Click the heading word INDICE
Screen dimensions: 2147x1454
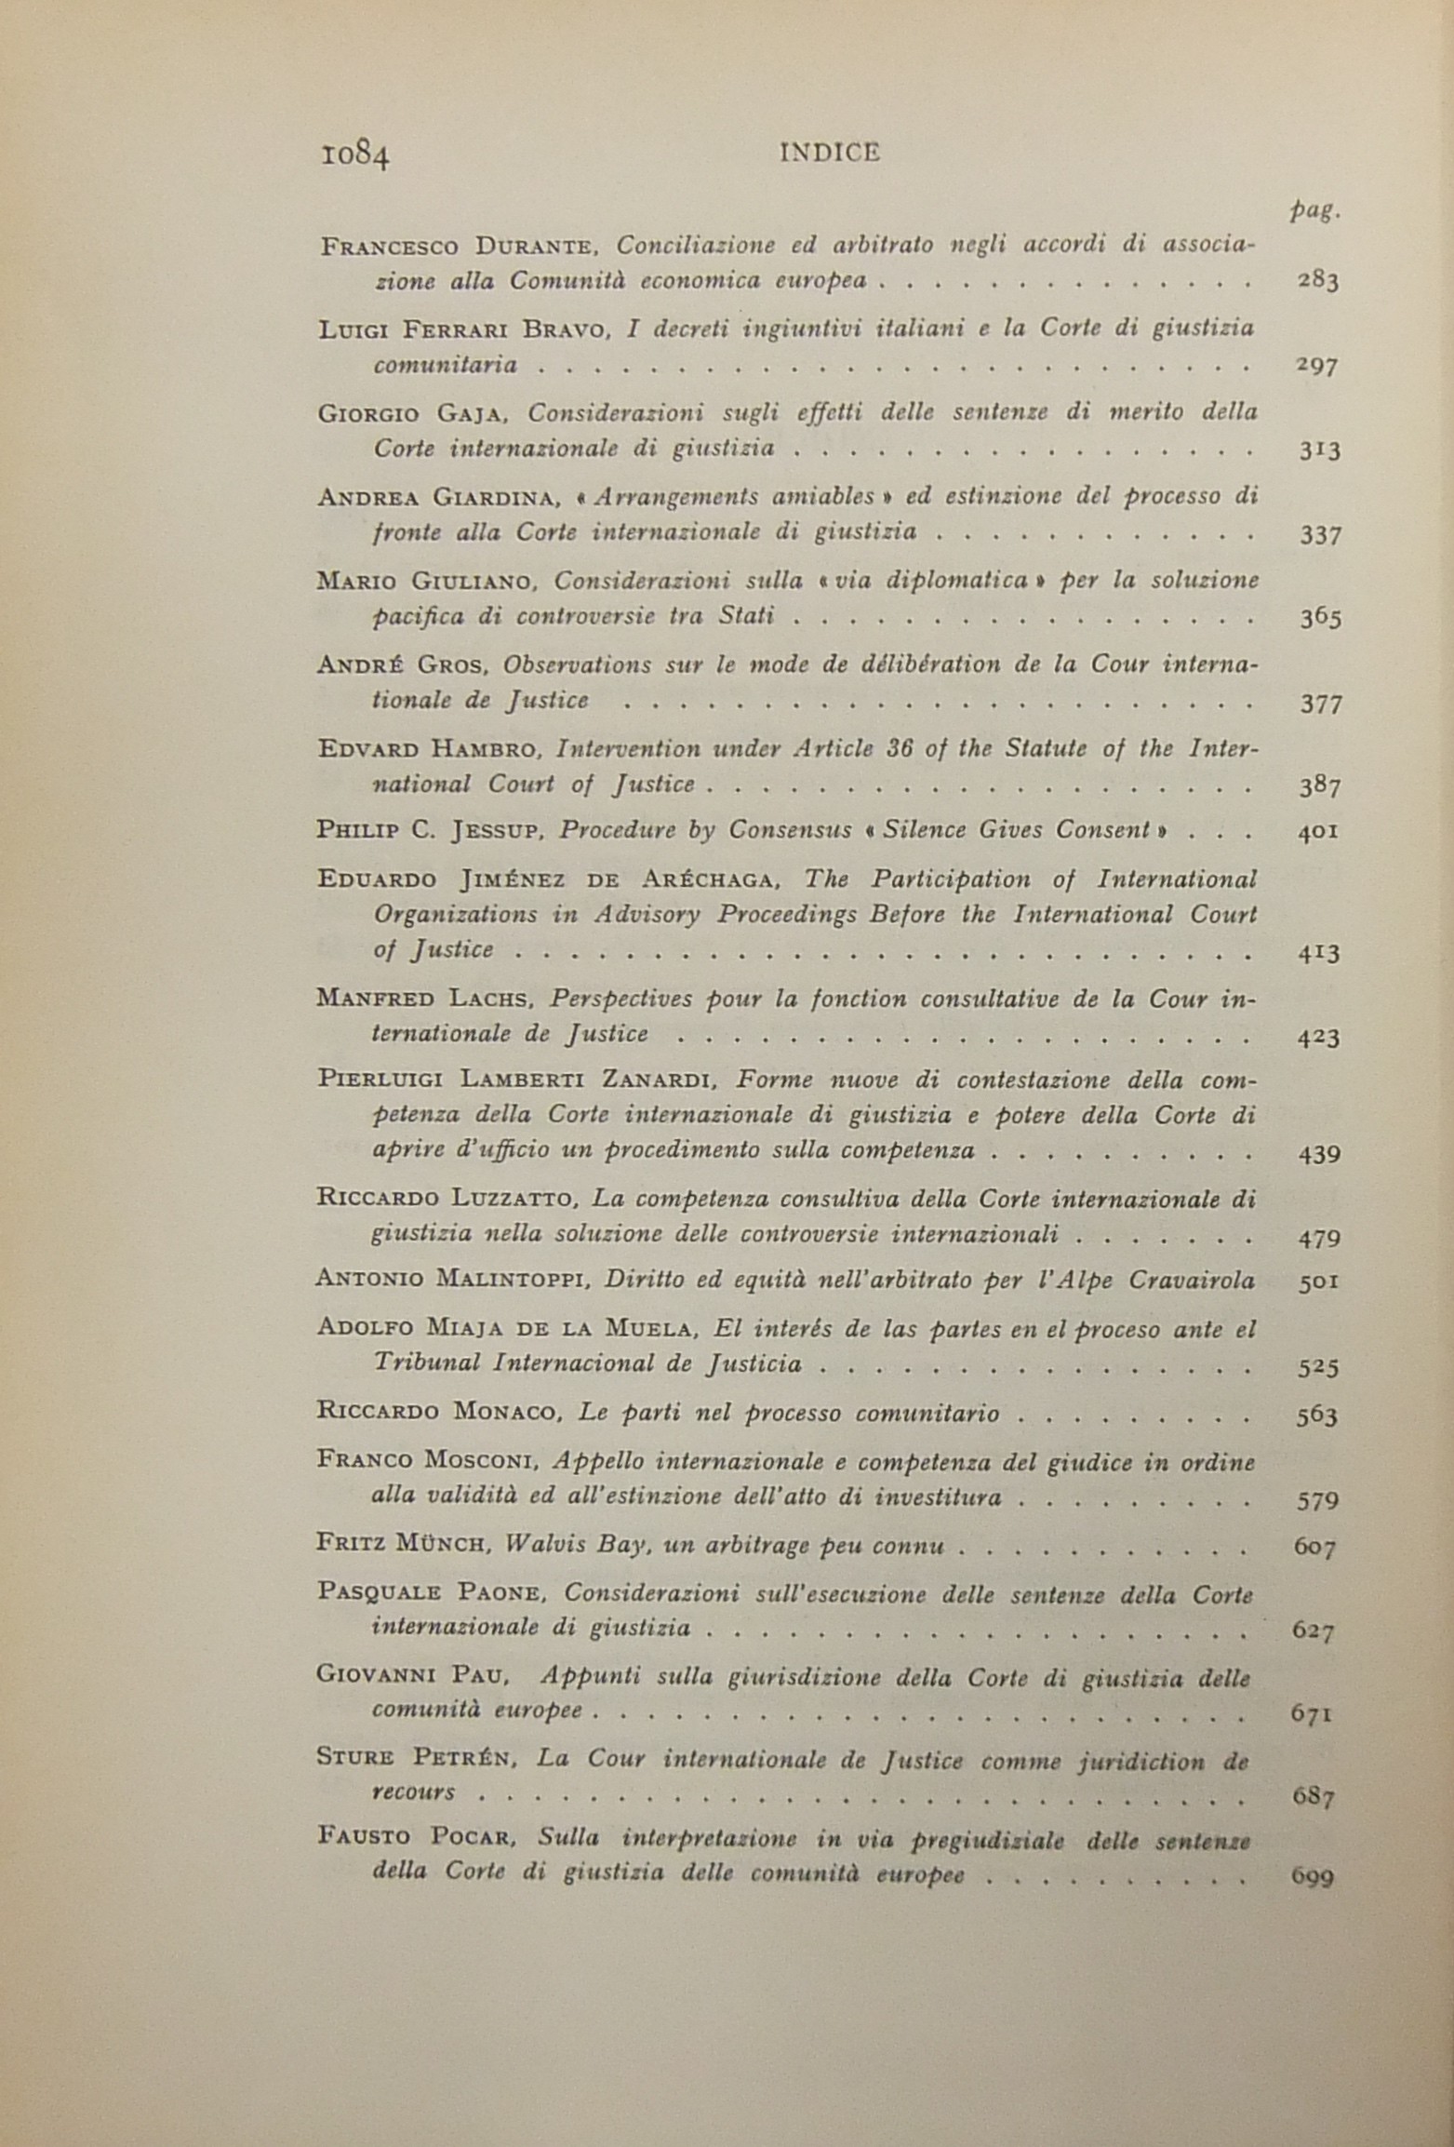coord(828,154)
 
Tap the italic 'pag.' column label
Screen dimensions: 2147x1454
coord(1314,212)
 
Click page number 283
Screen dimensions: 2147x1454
coord(1317,280)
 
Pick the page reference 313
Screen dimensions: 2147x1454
coord(1318,450)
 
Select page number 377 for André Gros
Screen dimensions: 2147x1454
coord(1320,704)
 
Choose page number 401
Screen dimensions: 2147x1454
coord(1318,831)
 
